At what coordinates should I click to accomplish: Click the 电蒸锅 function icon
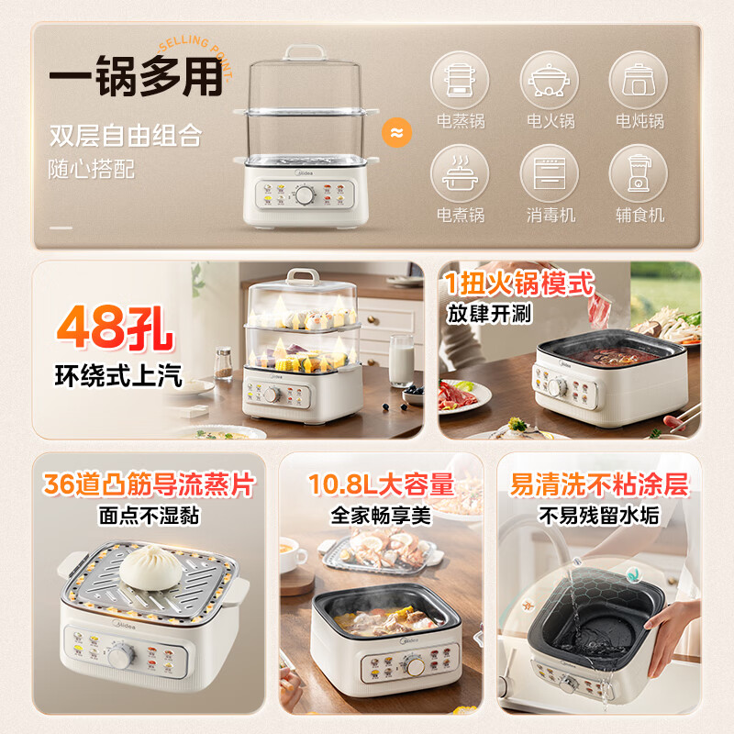coord(460,78)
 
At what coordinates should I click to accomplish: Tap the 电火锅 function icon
coord(550,78)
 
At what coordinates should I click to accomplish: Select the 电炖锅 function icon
coord(639,78)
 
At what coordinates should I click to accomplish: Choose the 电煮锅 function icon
coord(460,172)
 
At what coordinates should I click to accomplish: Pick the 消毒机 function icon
coord(550,172)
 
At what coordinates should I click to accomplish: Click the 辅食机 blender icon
coord(639,172)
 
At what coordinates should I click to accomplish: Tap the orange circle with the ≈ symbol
coord(396,133)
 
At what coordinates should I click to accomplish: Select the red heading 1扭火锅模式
coord(520,283)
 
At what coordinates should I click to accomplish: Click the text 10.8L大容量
coord(381,484)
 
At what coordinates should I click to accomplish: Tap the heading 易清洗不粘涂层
coord(598,484)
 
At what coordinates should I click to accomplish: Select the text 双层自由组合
coord(126,138)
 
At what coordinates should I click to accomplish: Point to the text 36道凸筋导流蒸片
coord(148,484)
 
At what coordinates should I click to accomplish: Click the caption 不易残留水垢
coord(598,516)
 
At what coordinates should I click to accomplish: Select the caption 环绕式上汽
coord(117,374)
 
